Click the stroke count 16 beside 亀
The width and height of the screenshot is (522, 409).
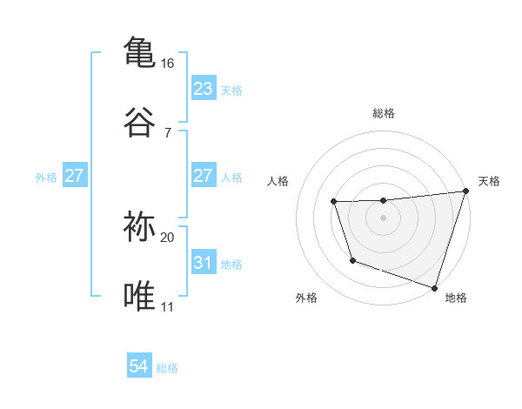click(x=167, y=64)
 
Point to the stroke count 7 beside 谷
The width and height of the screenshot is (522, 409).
click(x=168, y=132)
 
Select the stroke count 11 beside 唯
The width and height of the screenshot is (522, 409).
click(x=167, y=306)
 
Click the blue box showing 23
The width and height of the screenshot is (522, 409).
click(x=203, y=89)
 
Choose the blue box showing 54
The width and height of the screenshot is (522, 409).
click(x=139, y=367)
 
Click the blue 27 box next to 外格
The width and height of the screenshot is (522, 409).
click(x=75, y=176)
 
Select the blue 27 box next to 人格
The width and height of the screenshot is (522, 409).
click(x=203, y=176)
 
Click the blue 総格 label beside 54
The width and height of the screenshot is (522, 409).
click(x=167, y=368)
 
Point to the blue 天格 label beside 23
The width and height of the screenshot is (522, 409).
click(x=231, y=90)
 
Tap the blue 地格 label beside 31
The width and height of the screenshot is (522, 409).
click(x=231, y=264)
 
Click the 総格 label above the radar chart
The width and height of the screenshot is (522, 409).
click(x=384, y=113)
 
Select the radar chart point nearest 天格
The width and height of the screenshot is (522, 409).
click(x=465, y=192)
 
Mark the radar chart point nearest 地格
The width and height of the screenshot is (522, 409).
click(x=433, y=287)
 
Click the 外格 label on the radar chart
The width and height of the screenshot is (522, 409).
click(x=306, y=298)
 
